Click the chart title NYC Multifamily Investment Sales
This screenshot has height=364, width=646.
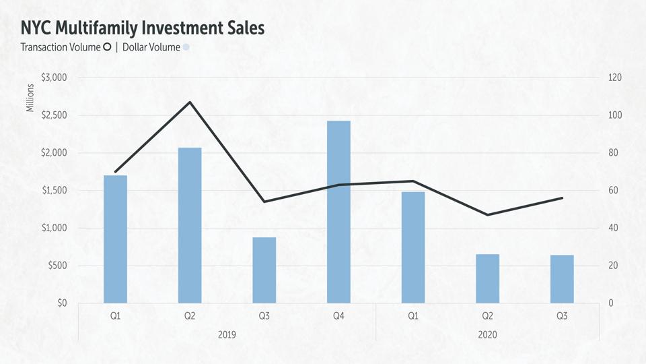(142, 28)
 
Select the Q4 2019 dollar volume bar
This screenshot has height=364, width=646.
(338, 212)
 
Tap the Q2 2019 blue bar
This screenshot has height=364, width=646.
(190, 225)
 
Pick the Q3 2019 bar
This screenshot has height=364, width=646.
(264, 270)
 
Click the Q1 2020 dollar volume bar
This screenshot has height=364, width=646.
(413, 247)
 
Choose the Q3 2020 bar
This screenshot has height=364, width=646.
(562, 278)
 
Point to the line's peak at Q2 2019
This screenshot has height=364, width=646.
(190, 102)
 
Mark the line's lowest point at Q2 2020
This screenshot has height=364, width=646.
(487, 214)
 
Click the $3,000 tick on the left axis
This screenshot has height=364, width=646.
(54, 78)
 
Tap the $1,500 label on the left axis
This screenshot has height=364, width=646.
(54, 190)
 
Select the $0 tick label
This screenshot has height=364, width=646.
(61, 303)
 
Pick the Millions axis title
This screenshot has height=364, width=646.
(30, 98)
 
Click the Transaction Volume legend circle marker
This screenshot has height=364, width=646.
(106, 47)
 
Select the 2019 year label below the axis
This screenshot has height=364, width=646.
(227, 334)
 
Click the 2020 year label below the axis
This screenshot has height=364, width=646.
(487, 334)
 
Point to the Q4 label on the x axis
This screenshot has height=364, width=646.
(338, 315)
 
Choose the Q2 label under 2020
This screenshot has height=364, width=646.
(487, 315)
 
